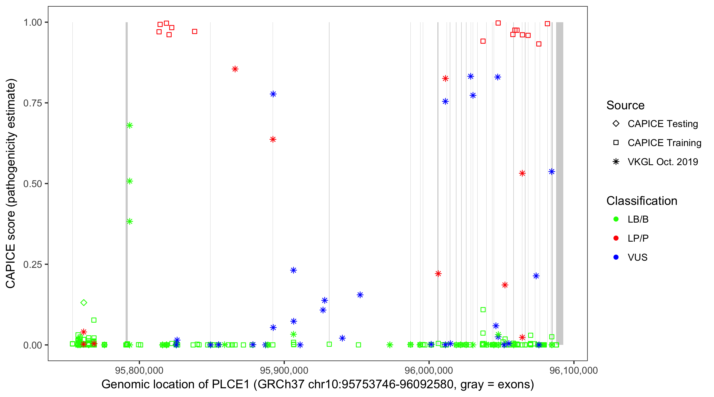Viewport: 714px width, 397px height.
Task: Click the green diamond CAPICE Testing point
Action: pos(84,303)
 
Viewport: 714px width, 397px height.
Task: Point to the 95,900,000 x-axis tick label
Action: pos(284,370)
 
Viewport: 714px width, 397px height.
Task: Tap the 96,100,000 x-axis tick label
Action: pos(574,370)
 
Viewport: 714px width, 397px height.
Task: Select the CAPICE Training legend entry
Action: pos(664,143)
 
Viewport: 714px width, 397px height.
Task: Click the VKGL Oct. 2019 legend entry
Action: pos(662,162)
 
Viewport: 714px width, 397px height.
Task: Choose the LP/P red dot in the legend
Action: pos(616,238)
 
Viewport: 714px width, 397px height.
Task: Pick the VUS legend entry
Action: pos(637,258)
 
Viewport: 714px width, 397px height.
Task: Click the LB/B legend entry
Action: pos(638,219)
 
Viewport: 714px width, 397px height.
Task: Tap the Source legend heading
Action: pos(625,105)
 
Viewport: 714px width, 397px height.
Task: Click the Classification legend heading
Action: pos(642,201)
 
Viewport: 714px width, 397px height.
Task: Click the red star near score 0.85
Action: pos(235,69)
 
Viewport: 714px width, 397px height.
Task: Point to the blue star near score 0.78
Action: pos(273,94)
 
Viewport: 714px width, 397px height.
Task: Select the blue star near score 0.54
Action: pos(552,172)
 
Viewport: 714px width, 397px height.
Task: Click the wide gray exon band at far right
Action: pos(560,183)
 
